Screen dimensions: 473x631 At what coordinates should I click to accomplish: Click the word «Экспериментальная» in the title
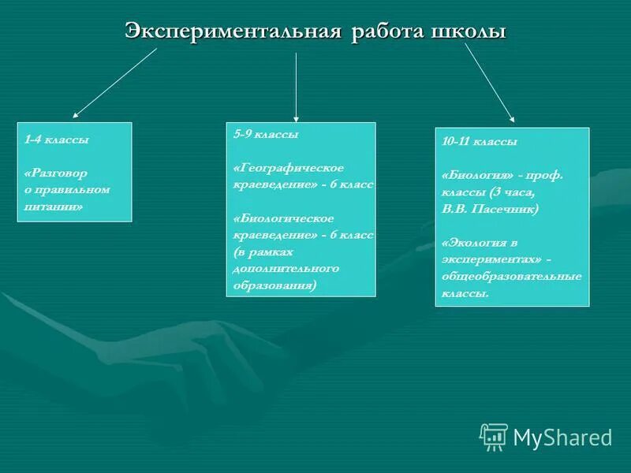coord(233,32)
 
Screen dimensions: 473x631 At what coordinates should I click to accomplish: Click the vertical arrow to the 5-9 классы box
coord(296,87)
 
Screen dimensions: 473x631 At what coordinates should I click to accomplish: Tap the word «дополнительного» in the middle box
coord(286,268)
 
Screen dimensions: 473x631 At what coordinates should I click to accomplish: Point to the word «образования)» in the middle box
coord(274,285)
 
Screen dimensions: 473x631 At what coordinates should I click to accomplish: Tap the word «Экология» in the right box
coord(477,243)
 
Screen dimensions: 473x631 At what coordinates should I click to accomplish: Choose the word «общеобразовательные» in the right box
coord(512,276)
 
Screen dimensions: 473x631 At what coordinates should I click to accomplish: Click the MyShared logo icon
coord(493,436)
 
